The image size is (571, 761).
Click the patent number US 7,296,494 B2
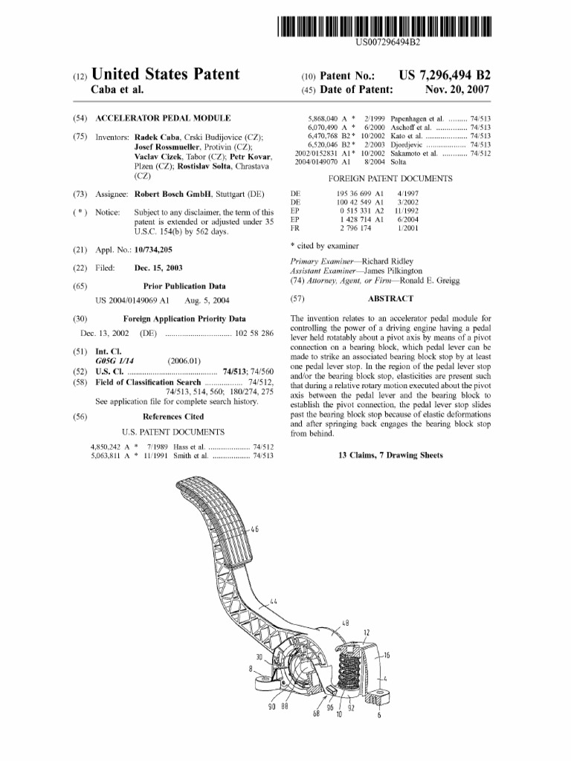point(445,75)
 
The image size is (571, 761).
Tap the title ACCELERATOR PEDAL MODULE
point(163,117)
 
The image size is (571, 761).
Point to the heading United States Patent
point(165,74)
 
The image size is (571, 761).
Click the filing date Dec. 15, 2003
point(158,268)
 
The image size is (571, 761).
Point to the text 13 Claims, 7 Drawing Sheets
point(390,455)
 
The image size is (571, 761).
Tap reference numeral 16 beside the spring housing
point(387,655)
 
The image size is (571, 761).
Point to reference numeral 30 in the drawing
point(259,657)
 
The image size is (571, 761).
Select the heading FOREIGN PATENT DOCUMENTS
point(390,179)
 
